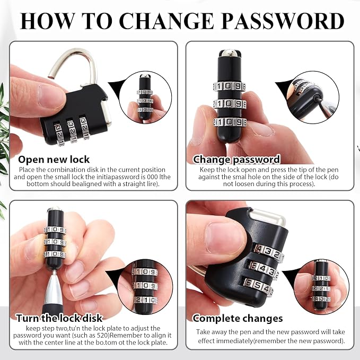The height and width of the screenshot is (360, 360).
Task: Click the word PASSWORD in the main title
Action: [x=283, y=21]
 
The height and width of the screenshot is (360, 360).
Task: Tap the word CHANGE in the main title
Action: [x=166, y=21]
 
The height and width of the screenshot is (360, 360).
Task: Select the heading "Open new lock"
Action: [x=54, y=160]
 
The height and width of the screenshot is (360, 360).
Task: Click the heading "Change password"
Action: [x=236, y=160]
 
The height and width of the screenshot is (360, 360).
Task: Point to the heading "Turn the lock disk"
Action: [x=59, y=318]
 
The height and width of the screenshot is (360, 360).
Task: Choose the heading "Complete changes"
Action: [x=238, y=319]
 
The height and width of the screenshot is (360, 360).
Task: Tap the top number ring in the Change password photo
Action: [x=229, y=86]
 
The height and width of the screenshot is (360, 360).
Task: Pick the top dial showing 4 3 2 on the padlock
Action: [x=268, y=252]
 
